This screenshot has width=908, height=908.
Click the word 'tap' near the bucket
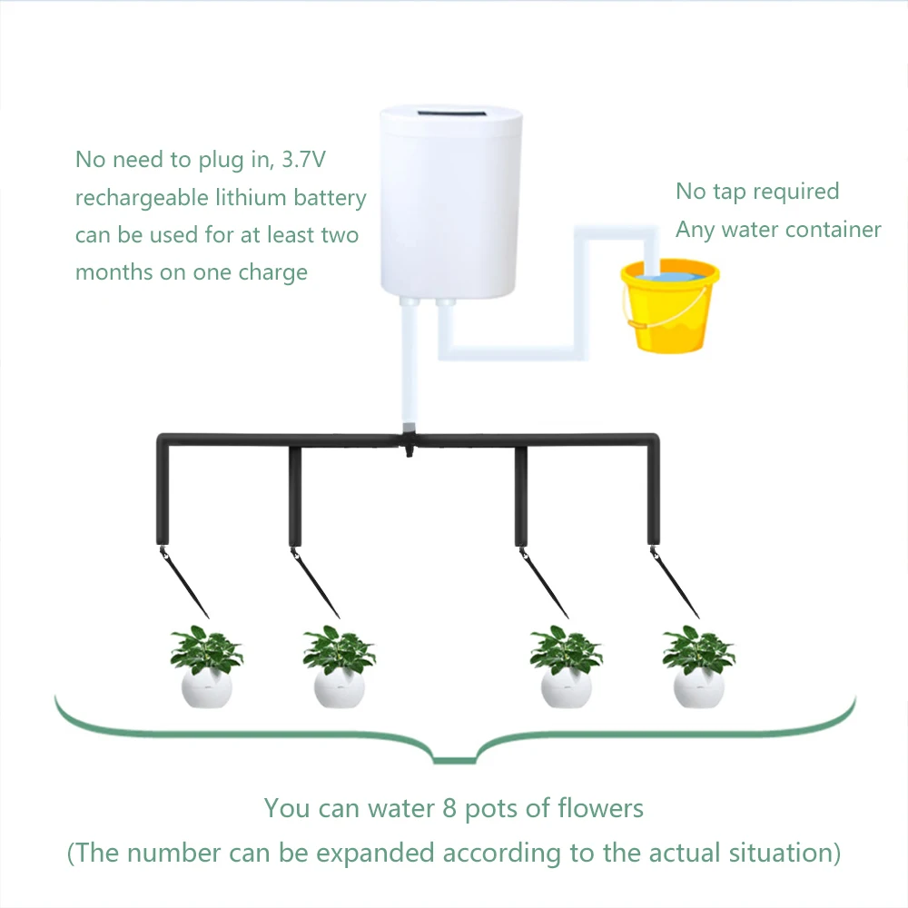coord(730,192)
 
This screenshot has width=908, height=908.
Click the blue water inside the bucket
coord(669,273)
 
